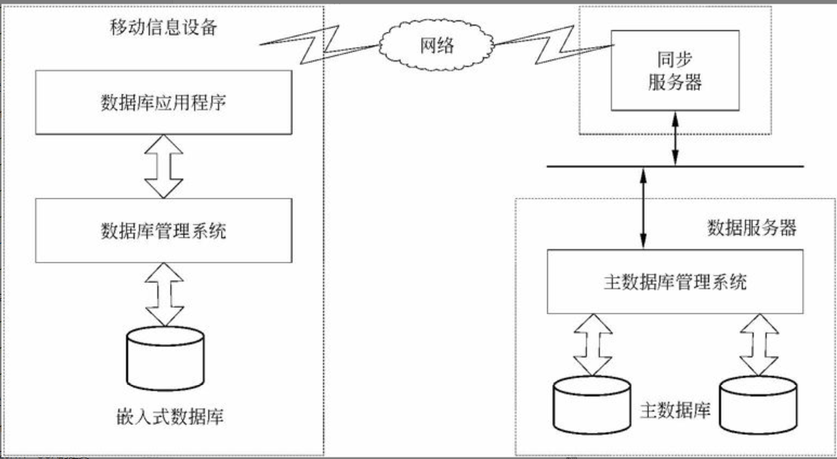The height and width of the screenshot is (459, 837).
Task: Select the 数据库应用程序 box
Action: (x=163, y=103)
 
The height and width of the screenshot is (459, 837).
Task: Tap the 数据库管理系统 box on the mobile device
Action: (x=163, y=231)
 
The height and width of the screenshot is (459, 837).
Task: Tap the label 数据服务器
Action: (x=752, y=228)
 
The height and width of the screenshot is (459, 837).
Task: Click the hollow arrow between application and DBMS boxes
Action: (x=163, y=167)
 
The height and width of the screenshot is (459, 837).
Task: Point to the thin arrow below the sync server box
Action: (x=676, y=138)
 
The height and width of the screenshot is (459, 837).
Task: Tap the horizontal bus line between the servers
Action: (x=676, y=167)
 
